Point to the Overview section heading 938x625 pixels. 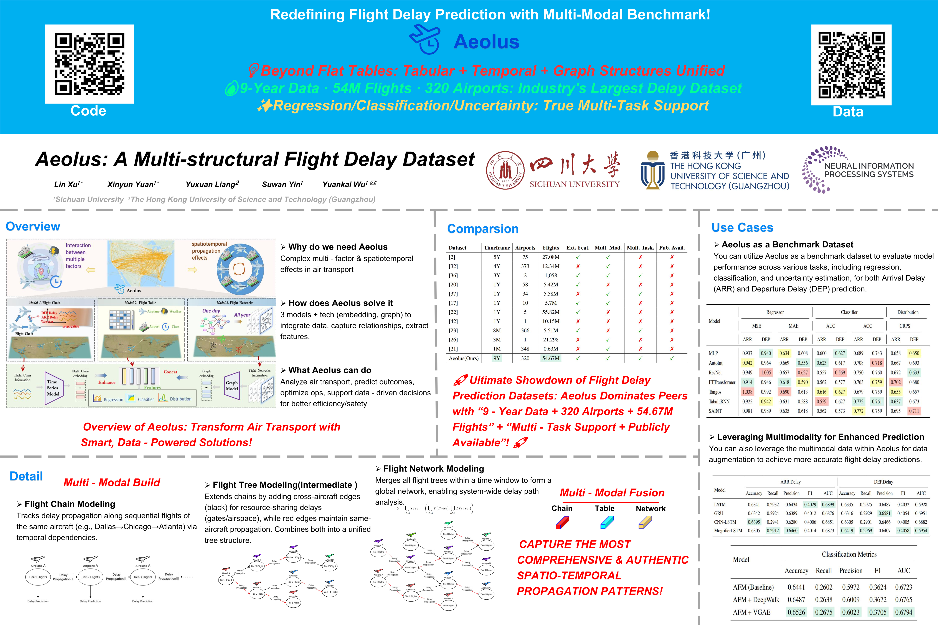33,226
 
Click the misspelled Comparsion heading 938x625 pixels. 482,229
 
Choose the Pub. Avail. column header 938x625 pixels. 672,248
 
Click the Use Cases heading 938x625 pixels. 742,228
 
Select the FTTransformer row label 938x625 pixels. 722,382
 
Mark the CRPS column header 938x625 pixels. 905,326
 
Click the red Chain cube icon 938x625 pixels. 562,522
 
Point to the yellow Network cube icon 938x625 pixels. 645,522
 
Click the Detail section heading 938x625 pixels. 26,476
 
